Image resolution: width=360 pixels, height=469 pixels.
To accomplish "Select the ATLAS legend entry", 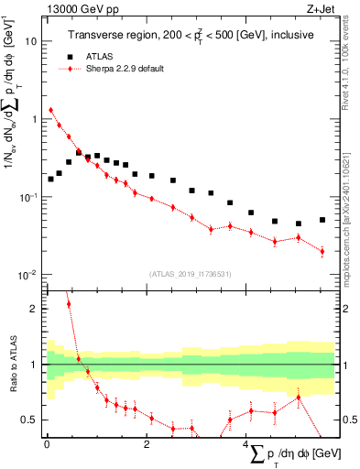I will pyautogui.click(x=92, y=57).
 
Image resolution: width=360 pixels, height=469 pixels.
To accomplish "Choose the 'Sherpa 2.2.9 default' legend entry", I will pyautogui.click(x=124, y=69).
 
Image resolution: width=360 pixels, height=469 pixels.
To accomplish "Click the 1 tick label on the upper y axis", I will pyautogui.click(x=34, y=119).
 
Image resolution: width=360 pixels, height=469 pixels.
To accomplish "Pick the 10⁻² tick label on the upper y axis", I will pyautogui.click(x=28, y=275).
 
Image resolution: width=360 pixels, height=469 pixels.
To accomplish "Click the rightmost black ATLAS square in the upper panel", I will pyautogui.click(x=322, y=220).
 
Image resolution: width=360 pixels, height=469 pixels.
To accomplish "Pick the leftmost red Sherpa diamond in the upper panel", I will pyautogui.click(x=51, y=110).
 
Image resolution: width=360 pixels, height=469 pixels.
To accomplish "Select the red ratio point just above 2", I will pyautogui.click(x=68, y=303).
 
